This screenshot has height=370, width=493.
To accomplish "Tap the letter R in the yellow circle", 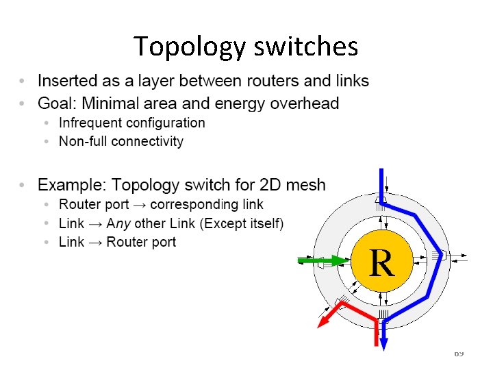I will click(x=381, y=263).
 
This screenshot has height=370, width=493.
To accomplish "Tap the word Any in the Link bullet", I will click(x=119, y=223).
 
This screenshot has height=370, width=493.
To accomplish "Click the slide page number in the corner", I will click(x=459, y=353).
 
